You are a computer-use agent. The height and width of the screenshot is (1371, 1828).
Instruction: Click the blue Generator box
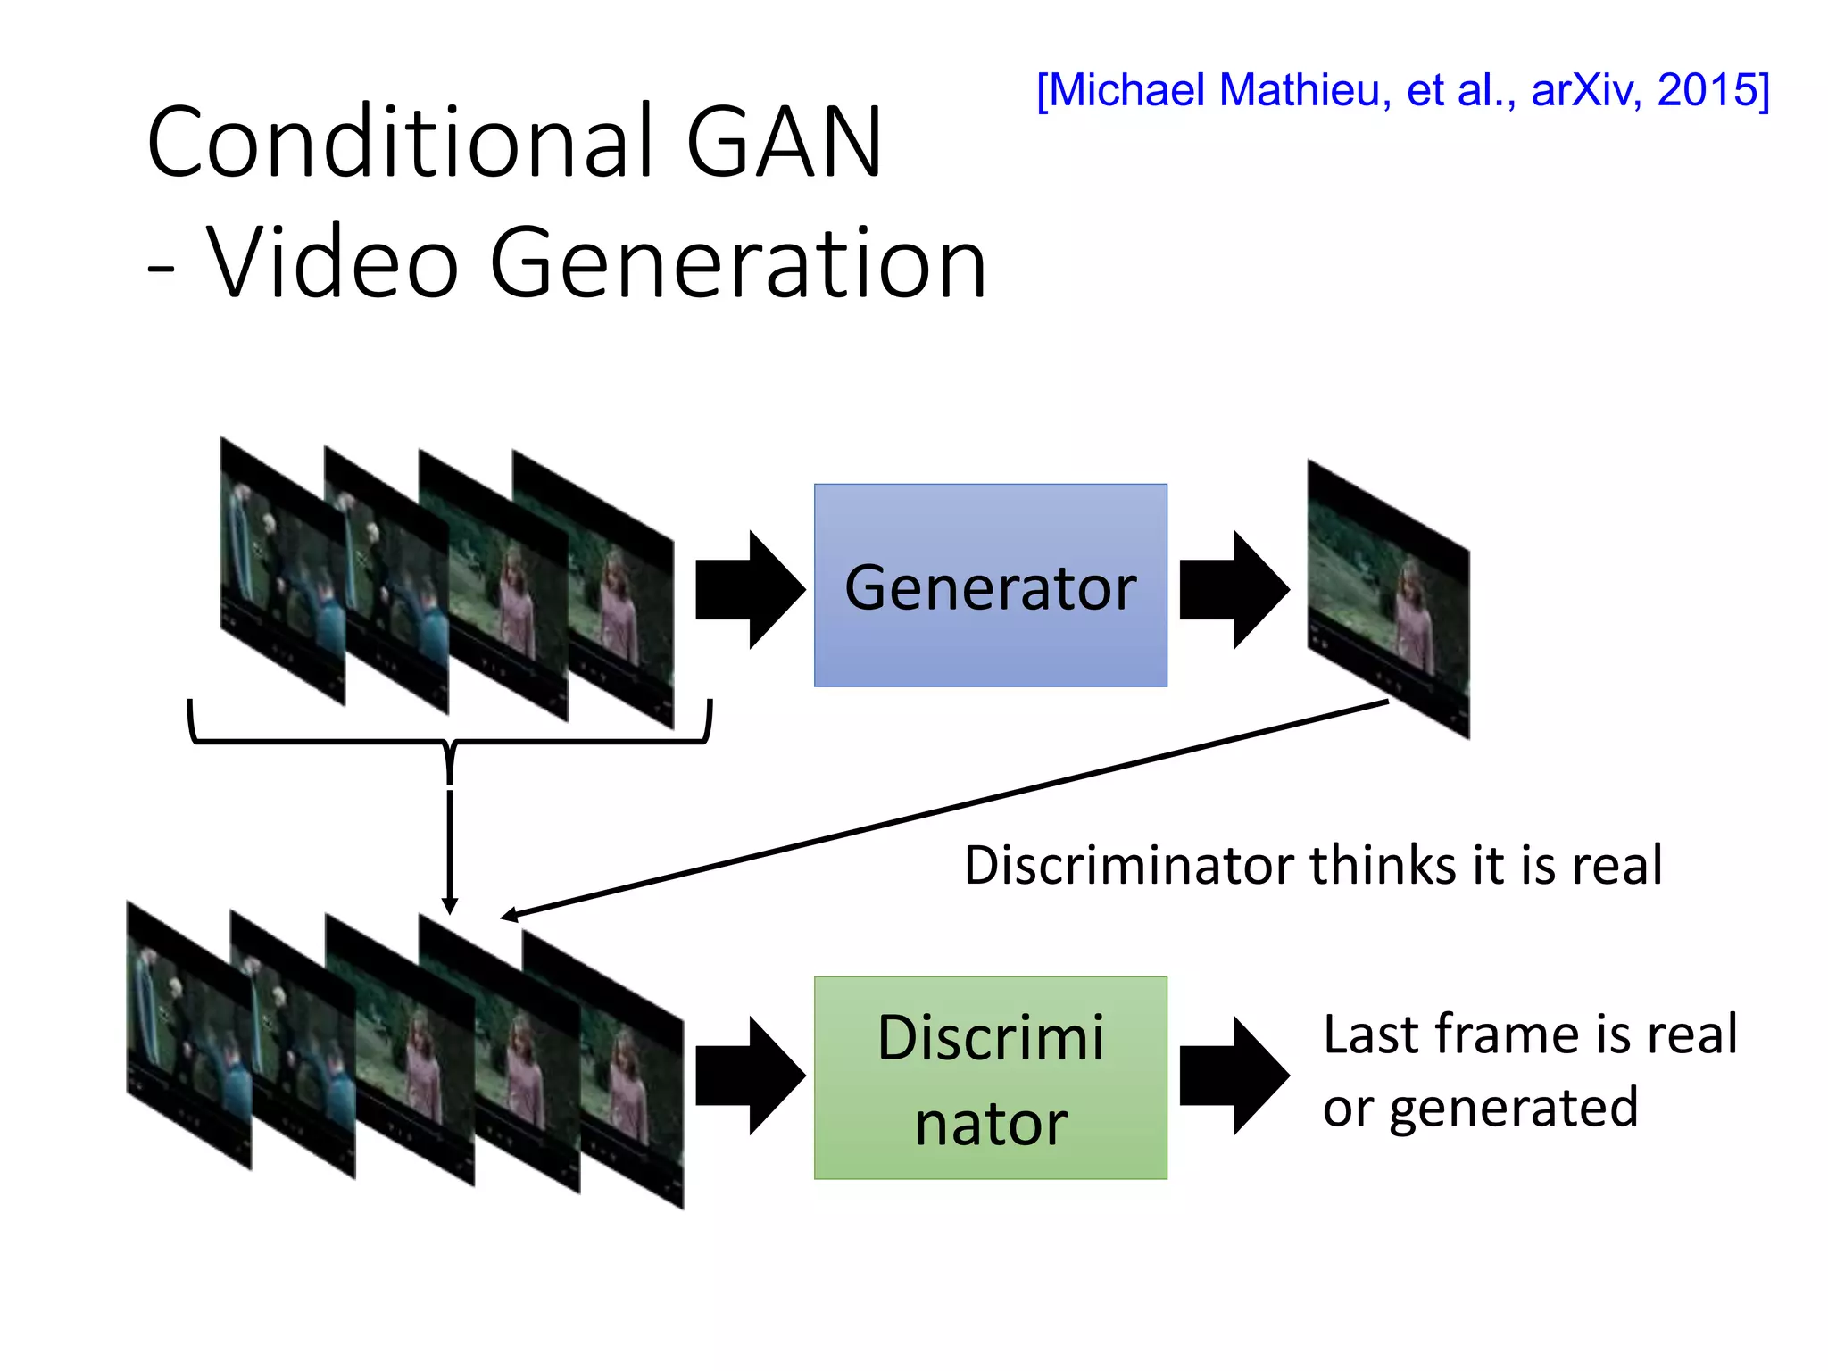(x=990, y=586)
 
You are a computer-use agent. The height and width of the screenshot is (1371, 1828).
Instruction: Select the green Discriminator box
(x=990, y=1077)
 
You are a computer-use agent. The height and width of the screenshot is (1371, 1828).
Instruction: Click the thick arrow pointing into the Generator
(x=750, y=590)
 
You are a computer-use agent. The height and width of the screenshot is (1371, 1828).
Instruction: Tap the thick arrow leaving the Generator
(x=1234, y=590)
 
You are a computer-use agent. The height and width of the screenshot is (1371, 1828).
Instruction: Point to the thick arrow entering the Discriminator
(x=750, y=1076)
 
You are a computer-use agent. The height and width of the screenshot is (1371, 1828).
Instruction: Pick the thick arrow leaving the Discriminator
(x=1234, y=1076)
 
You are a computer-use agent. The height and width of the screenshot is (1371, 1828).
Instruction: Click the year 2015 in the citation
(x=1710, y=90)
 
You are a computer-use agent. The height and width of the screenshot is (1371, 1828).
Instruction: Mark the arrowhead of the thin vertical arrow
(x=450, y=906)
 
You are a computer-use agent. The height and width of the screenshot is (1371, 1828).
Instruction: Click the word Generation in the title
(x=738, y=263)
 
